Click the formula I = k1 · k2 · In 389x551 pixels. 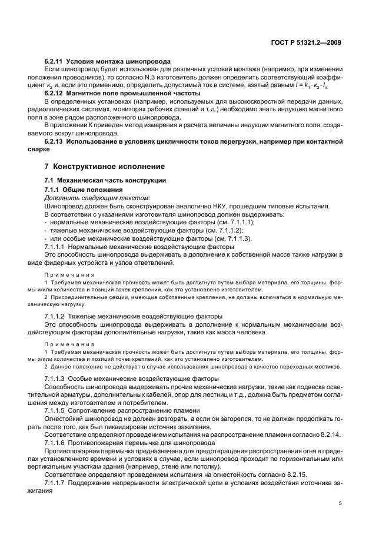[318, 86]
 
